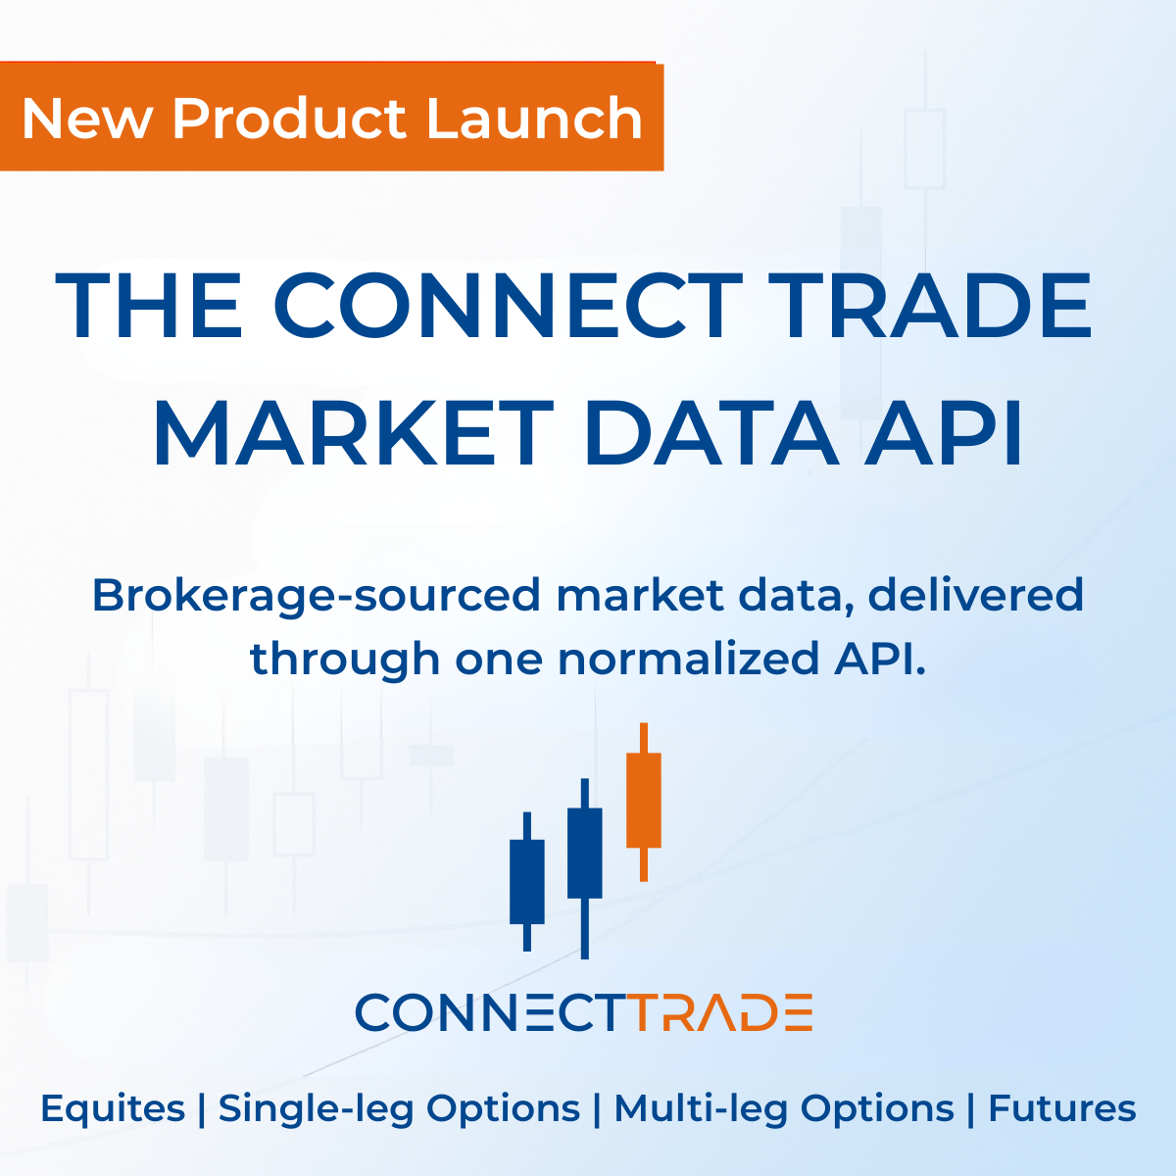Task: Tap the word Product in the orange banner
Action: (290, 119)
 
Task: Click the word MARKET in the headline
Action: (353, 432)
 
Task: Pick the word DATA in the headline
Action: (710, 432)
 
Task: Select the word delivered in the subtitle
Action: (975, 595)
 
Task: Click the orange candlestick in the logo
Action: (644, 800)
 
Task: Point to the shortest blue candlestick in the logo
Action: (527, 881)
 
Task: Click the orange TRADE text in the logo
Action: (720, 1012)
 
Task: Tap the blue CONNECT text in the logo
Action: (490, 1012)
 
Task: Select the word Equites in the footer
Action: (113, 1109)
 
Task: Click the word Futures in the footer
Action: (1061, 1108)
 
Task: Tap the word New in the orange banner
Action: (87, 119)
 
